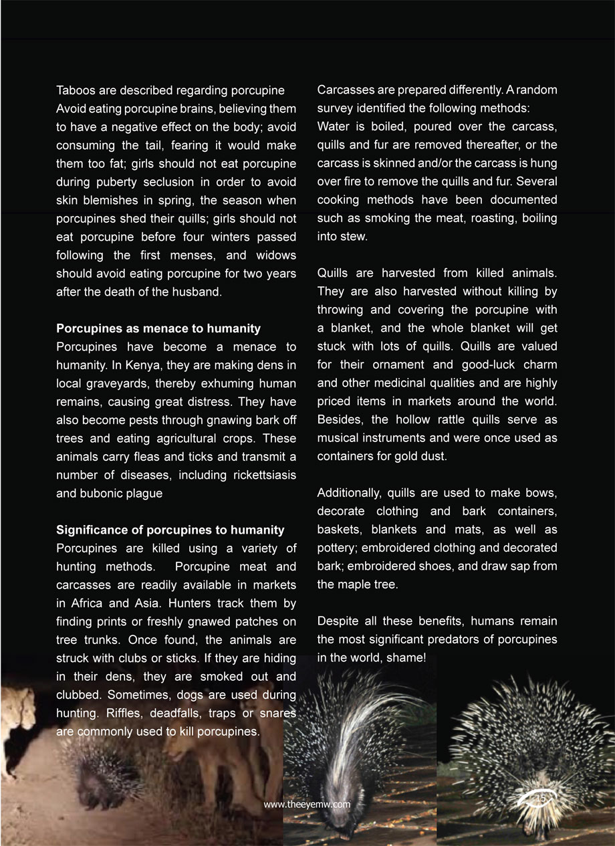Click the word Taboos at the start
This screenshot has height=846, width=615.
tap(75, 90)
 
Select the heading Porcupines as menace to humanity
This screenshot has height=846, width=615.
tap(158, 328)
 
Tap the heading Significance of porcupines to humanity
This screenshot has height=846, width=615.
tap(170, 530)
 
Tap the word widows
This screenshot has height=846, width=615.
tap(275, 255)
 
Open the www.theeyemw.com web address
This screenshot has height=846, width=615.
tap(307, 805)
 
